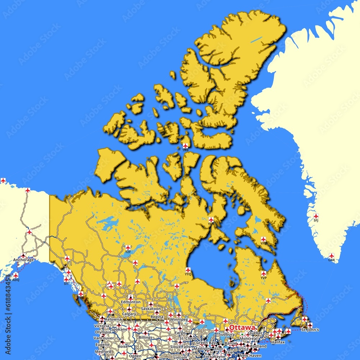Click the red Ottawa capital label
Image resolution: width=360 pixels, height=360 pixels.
click(x=242, y=328)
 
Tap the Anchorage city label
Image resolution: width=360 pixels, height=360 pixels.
click(x=23, y=260)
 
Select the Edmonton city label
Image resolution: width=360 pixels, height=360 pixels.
click(x=131, y=302)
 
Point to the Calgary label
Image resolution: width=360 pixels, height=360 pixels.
click(x=129, y=314)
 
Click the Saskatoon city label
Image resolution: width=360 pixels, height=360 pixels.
click(x=151, y=309)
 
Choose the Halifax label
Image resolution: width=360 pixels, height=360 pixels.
click(x=278, y=342)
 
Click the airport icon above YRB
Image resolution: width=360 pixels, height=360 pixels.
click(x=185, y=146)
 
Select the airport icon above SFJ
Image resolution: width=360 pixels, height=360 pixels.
click(x=316, y=216)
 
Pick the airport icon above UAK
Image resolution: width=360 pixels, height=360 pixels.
click(x=331, y=256)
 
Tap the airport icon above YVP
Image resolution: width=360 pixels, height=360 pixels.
click(x=264, y=274)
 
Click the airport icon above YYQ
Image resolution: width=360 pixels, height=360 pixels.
click(x=188, y=270)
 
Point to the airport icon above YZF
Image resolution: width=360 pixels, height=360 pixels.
click(x=128, y=248)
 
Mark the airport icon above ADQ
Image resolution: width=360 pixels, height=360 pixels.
click(x=15, y=275)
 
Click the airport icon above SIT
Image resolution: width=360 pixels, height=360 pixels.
click(x=66, y=279)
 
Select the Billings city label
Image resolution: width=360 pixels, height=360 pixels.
click(x=145, y=338)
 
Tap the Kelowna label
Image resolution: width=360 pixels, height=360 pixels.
click(x=114, y=319)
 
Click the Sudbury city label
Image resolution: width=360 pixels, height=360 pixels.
click(x=227, y=334)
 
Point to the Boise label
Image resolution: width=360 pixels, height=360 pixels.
click(x=122, y=346)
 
